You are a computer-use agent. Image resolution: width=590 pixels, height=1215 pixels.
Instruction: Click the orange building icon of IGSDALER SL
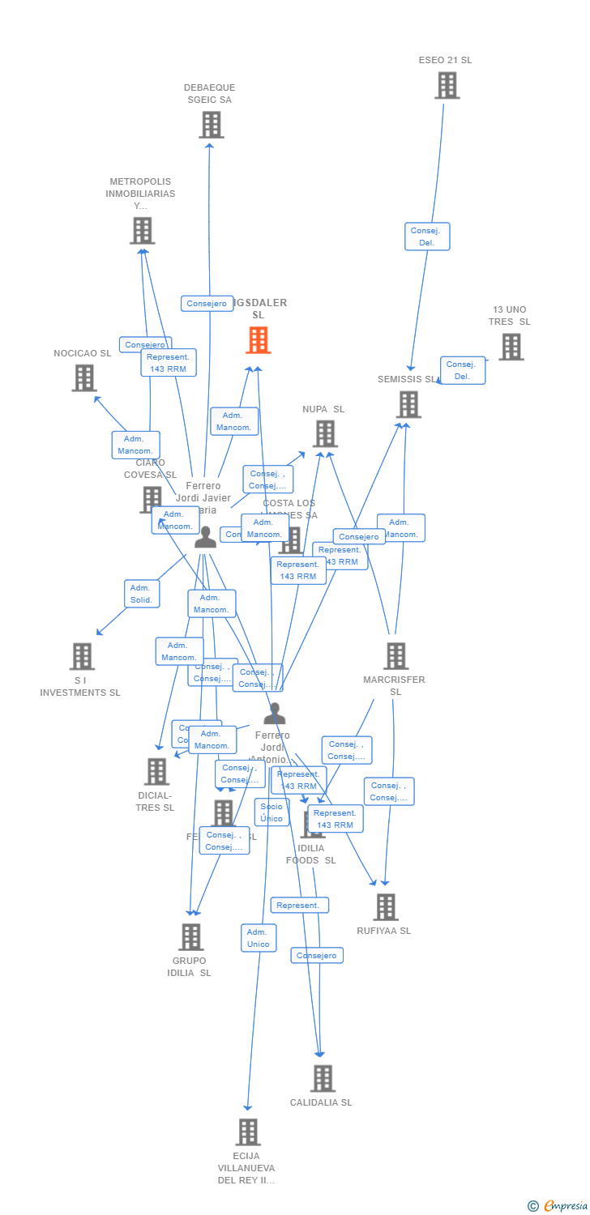pyautogui.click(x=258, y=340)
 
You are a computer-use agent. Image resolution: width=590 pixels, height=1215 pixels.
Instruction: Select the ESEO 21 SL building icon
pyautogui.click(x=447, y=85)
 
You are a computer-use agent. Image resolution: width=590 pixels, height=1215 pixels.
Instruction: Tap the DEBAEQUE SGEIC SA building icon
pyautogui.click(x=211, y=125)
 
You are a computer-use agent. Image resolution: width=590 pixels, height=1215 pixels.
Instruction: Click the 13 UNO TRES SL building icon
pyautogui.click(x=511, y=347)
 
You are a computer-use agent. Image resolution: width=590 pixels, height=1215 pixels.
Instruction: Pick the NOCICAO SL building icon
pyautogui.click(x=84, y=377)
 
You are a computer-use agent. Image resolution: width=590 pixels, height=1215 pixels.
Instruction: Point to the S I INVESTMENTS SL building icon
pyautogui.click(x=82, y=656)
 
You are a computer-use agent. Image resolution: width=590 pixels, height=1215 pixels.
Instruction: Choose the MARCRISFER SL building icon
pyautogui.click(x=395, y=656)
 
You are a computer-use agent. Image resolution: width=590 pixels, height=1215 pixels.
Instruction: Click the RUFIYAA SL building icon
pyautogui.click(x=386, y=907)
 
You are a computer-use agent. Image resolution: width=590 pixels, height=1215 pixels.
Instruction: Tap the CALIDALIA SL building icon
pyautogui.click(x=323, y=1078)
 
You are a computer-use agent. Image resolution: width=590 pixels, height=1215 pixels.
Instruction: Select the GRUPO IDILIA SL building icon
pyautogui.click(x=190, y=937)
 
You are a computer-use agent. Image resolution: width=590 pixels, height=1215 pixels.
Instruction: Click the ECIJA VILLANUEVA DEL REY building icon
pyautogui.click(x=247, y=1132)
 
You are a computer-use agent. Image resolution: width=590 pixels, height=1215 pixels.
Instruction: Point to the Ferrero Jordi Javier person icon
pyautogui.click(x=205, y=537)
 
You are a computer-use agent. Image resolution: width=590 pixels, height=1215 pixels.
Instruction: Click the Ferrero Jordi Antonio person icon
pyautogui.click(x=275, y=714)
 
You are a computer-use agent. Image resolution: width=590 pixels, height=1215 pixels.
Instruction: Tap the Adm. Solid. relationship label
pyautogui.click(x=142, y=594)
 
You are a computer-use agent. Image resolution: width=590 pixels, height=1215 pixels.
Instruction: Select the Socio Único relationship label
pyautogui.click(x=271, y=812)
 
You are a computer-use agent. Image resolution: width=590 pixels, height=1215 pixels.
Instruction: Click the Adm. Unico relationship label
pyautogui.click(x=259, y=938)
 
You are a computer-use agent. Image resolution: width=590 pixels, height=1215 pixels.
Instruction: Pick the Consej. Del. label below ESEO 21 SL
pyautogui.click(x=427, y=237)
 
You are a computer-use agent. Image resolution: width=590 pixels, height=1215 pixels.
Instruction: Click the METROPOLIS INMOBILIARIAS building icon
pyautogui.click(x=142, y=231)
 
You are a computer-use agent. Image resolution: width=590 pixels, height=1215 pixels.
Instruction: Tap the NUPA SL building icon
pyautogui.click(x=324, y=434)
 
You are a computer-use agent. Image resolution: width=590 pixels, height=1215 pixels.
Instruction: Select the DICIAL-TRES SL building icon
pyautogui.click(x=156, y=772)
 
